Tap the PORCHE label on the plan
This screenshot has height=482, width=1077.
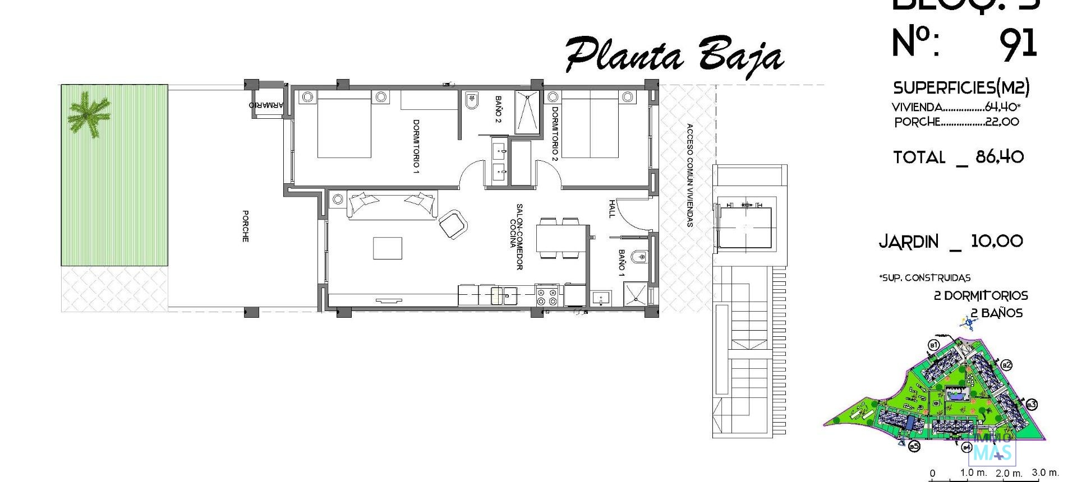245,226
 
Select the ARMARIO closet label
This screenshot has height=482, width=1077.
267,105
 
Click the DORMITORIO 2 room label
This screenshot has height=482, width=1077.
555,134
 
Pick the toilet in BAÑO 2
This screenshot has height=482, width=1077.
471,101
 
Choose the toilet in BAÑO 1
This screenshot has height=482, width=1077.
638,257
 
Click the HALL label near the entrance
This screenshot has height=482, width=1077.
611,208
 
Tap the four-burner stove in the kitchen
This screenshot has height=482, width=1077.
547,296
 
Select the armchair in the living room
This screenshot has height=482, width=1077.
453,224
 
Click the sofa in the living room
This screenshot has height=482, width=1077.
392,204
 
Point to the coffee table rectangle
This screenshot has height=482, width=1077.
388,248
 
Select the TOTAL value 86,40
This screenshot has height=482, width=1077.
1000,156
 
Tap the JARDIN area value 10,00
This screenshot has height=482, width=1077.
996,242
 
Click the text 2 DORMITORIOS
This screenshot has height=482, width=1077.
981,295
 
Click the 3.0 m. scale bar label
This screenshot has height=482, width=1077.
1045,472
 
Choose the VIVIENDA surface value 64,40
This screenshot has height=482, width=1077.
1002,107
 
